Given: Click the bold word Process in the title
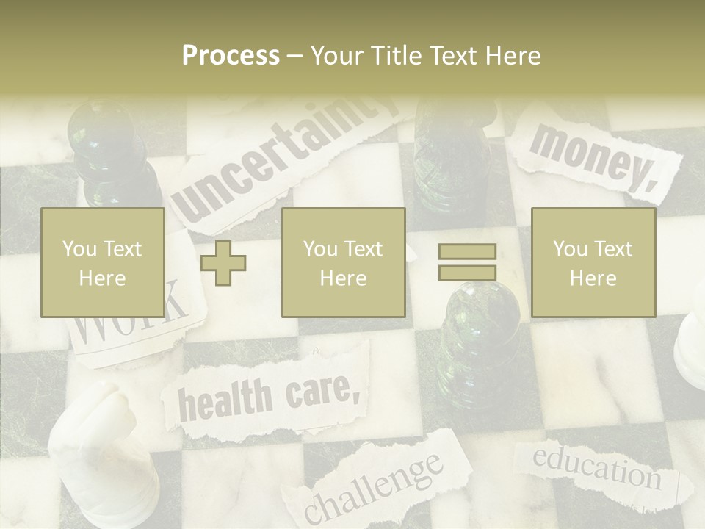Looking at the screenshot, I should coord(231,56).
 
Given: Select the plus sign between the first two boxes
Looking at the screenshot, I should coord(223,263).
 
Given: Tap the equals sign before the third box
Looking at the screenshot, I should coord(467,262).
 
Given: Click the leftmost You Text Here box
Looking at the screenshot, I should coord(102,263).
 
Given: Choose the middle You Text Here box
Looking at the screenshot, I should coord(343,263).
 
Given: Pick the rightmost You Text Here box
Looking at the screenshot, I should coord(593,263).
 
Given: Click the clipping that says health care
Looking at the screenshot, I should coord(268,397).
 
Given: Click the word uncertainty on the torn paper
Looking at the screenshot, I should coord(286,158).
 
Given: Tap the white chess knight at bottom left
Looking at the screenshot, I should coord(103,448).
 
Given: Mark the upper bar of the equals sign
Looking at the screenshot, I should coord(467,252).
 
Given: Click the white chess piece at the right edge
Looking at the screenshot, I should coord(692,345).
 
